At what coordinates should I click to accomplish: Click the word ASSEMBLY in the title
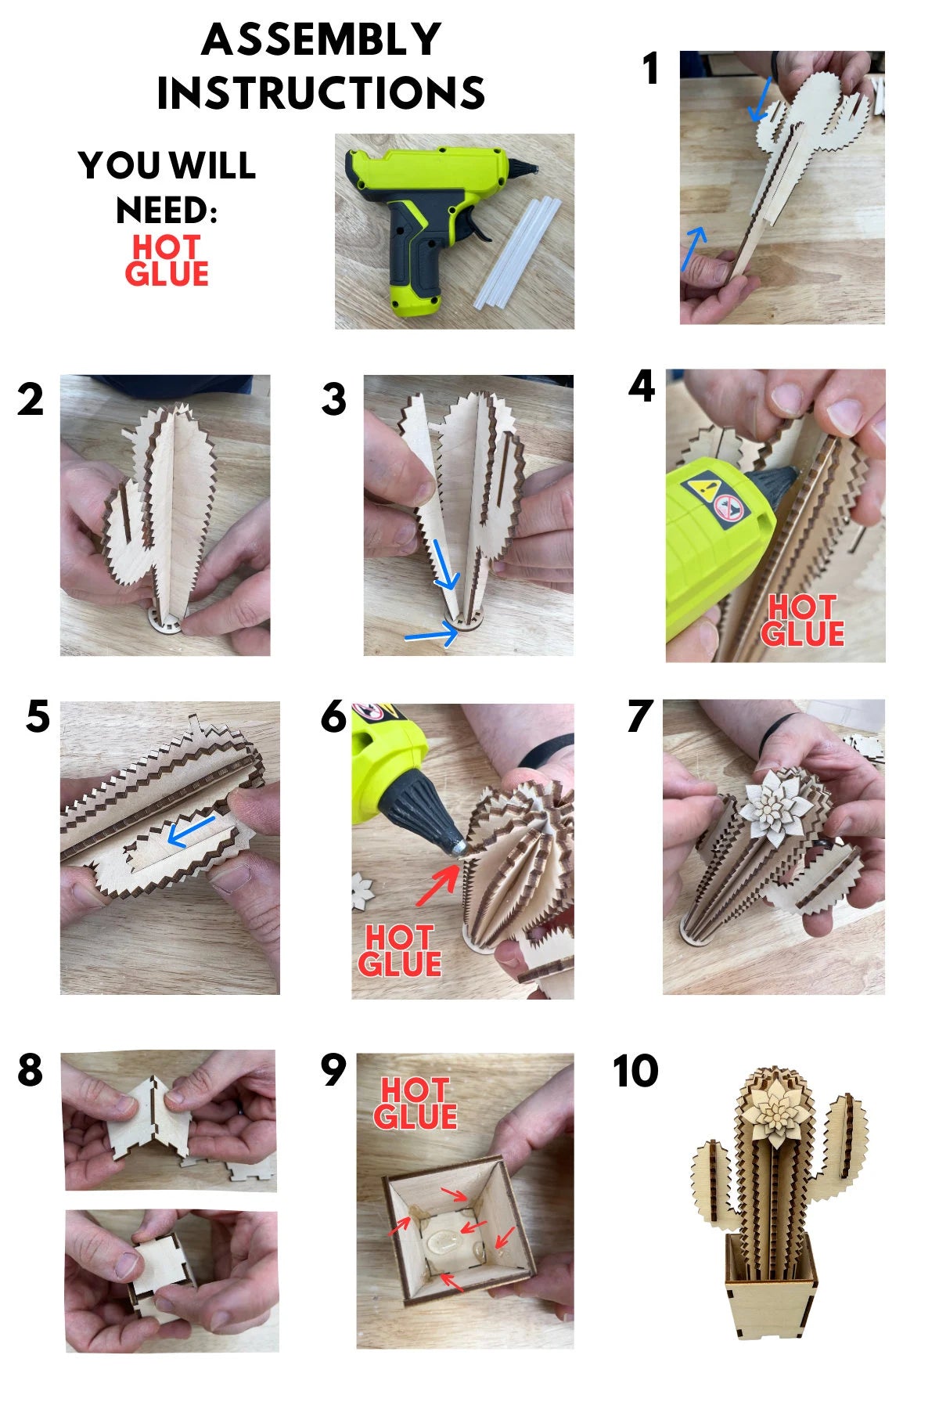[322, 40]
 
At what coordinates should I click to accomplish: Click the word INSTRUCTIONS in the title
[321, 93]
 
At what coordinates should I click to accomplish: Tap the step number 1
[650, 69]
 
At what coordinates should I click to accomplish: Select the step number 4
[642, 387]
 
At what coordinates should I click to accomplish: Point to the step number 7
[639, 716]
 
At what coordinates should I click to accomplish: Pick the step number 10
[635, 1071]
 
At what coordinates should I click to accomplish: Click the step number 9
[333, 1070]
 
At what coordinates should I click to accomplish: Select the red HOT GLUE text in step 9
[415, 1104]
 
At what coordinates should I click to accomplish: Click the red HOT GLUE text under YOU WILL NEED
[167, 261]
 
